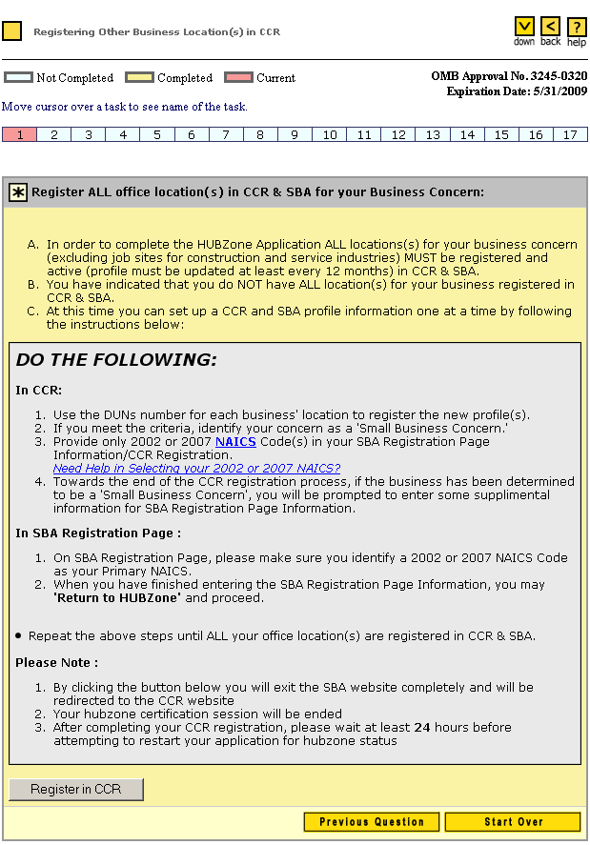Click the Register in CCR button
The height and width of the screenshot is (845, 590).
(x=76, y=790)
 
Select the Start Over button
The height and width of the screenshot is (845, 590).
(x=513, y=822)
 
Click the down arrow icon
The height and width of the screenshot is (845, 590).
(x=524, y=27)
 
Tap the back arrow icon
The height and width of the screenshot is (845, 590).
(x=551, y=27)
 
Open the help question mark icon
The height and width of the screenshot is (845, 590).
(x=577, y=27)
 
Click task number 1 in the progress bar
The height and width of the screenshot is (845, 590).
(x=19, y=135)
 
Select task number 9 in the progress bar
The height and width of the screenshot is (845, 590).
(x=295, y=135)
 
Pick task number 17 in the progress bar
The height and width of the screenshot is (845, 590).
(x=570, y=135)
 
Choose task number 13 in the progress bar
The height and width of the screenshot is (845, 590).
(x=433, y=135)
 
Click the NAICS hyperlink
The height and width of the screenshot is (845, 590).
(x=235, y=442)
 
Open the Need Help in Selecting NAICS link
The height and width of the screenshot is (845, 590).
(x=196, y=468)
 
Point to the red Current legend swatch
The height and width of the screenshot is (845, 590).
(x=238, y=78)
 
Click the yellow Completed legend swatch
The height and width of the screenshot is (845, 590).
(x=140, y=78)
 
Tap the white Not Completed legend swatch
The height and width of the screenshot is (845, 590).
(x=18, y=78)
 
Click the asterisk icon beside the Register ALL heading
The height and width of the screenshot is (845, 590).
(x=18, y=192)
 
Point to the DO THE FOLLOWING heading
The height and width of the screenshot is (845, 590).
(x=116, y=360)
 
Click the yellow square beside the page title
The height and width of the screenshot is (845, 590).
(x=12, y=31)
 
